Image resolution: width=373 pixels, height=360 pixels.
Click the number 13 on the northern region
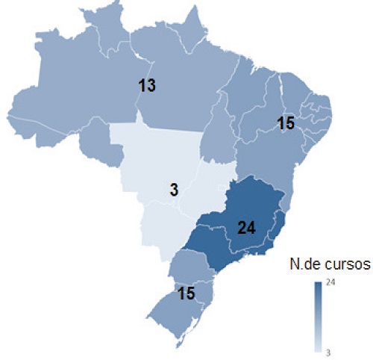(147, 86)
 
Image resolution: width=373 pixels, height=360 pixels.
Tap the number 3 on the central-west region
(174, 190)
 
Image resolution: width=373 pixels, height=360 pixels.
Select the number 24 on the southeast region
(247, 229)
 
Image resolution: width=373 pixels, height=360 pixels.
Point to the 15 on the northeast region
(286, 124)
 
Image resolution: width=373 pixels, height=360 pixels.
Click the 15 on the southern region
(186, 293)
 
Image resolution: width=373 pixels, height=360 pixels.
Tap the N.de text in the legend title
(301, 265)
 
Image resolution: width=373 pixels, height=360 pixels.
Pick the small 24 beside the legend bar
(330, 282)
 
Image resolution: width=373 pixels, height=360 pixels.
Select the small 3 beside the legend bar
(329, 349)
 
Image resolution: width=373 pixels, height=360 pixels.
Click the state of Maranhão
(242, 97)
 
